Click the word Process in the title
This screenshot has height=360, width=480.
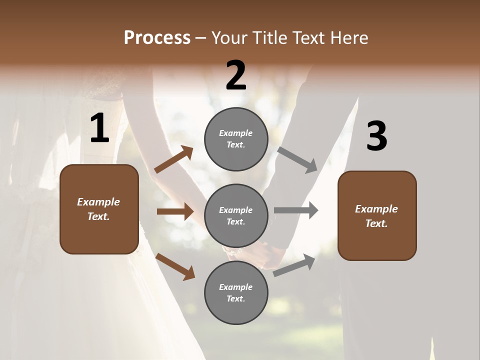[157, 38]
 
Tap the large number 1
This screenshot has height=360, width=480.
[99, 129]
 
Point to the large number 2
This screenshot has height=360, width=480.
[236, 76]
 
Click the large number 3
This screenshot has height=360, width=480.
[376, 136]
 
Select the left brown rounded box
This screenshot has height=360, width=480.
[99, 209]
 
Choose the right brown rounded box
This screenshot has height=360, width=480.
[377, 215]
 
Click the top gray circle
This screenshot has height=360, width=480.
[236, 139]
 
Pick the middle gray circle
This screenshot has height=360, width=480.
[236, 215]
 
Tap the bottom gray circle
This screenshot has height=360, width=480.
[236, 292]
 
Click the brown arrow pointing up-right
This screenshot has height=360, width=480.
[174, 159]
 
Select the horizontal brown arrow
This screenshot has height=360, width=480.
[175, 211]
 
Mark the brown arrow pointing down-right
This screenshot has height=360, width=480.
[175, 266]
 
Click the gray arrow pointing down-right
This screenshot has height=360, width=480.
[297, 160]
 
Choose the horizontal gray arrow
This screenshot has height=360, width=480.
[296, 210]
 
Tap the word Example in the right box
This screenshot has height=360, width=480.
[376, 209]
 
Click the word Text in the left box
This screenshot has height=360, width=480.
[98, 216]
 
